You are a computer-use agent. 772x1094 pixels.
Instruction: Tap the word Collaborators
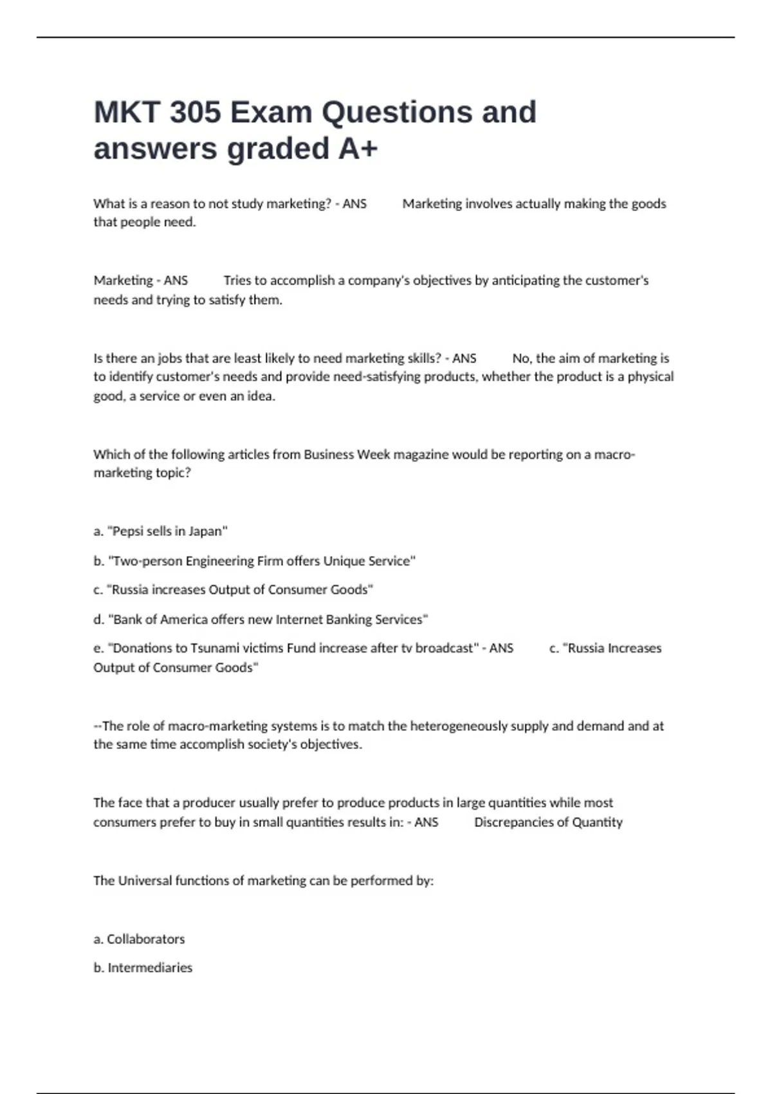point(145,939)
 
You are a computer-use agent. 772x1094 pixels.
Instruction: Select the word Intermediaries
point(150,968)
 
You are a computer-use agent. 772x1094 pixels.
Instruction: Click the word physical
point(650,377)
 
